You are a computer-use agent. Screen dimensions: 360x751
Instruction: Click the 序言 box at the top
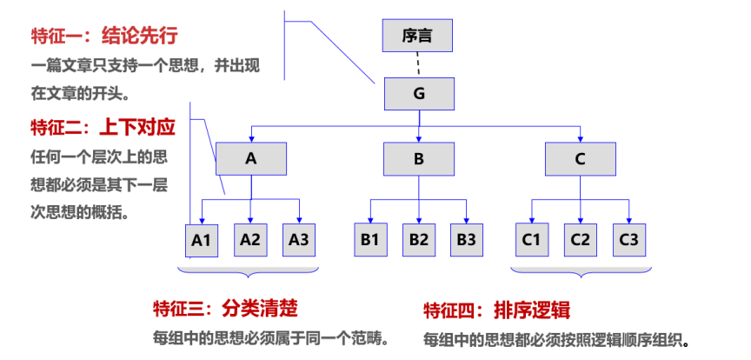[418, 36]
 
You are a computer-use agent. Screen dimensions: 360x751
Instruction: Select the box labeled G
[419, 94]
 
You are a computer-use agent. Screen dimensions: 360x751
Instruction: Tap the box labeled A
[251, 158]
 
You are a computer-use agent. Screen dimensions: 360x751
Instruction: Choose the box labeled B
[419, 158]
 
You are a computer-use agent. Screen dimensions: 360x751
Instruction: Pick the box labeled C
[581, 158]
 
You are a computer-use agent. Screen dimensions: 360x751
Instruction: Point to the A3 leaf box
[299, 239]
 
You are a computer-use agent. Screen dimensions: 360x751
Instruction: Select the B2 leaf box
[419, 239]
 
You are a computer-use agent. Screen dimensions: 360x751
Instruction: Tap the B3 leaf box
[467, 239]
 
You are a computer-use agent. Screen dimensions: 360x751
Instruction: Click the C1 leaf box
[531, 239]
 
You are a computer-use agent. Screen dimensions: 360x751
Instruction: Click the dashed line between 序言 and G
[418, 63]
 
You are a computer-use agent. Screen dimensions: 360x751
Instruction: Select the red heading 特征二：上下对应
[103, 128]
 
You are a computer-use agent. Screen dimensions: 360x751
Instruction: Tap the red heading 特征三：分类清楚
[226, 309]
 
